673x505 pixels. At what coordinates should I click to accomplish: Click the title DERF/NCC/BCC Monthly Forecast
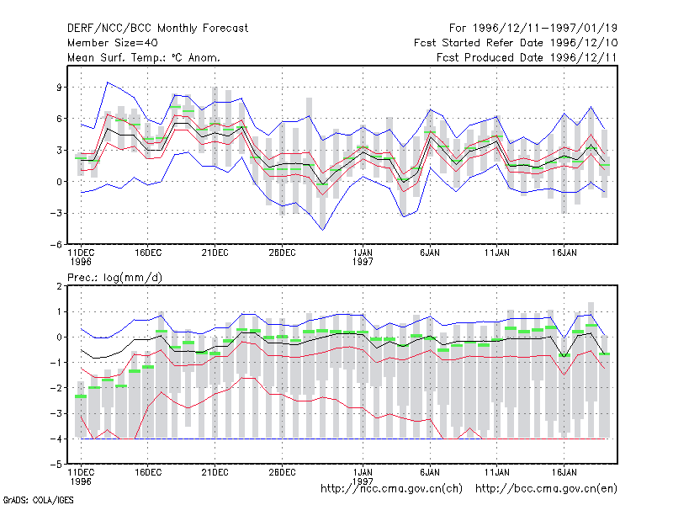click(x=157, y=29)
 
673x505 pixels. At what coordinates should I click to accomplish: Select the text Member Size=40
click(x=113, y=43)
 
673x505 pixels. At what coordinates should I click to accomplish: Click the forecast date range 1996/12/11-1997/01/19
click(x=533, y=29)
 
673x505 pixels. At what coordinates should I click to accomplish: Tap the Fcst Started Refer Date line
click(x=516, y=43)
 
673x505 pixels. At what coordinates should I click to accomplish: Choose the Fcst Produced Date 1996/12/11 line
click(x=527, y=57)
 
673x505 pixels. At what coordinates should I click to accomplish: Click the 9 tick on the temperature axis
click(x=60, y=88)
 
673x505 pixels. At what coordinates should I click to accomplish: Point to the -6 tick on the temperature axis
click(x=56, y=245)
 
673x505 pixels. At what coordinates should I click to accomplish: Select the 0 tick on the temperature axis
click(x=60, y=182)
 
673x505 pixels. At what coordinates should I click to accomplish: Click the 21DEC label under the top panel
click(x=215, y=252)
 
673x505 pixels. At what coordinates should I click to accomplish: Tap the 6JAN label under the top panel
click(x=430, y=252)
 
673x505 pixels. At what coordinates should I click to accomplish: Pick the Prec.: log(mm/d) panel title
click(x=114, y=278)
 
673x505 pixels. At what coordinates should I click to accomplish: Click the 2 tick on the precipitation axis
click(x=60, y=286)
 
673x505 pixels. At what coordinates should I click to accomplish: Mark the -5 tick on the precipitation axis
click(x=56, y=465)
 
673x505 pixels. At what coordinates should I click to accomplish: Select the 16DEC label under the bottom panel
click(x=148, y=472)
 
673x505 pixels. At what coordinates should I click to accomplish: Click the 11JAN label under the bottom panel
click(x=497, y=472)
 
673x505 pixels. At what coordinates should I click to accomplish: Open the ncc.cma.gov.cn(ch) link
click(x=391, y=489)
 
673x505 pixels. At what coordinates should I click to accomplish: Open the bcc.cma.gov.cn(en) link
click(x=546, y=489)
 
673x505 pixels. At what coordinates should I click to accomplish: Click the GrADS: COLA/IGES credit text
click(x=38, y=500)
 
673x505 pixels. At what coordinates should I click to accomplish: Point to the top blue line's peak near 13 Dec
click(x=108, y=82)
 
